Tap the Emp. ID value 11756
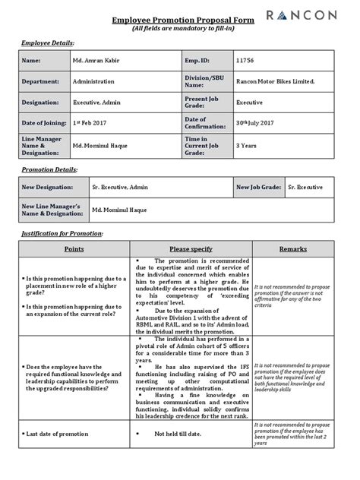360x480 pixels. (245, 60)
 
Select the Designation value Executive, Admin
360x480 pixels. (96, 102)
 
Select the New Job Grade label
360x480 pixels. (257, 187)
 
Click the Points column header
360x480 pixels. (74, 248)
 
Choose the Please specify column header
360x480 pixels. (191, 248)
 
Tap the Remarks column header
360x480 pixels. (293, 248)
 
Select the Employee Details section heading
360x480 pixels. (48, 44)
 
